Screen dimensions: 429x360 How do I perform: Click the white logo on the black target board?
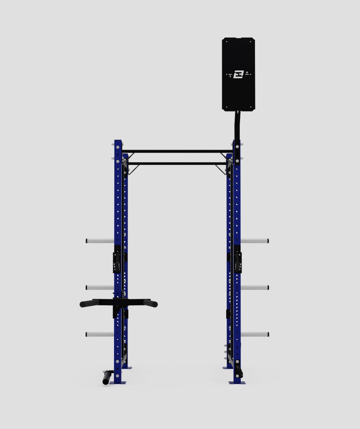click(x=238, y=74)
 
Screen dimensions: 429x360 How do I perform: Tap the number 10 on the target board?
click(x=247, y=72)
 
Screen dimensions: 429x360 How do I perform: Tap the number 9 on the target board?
click(x=230, y=76)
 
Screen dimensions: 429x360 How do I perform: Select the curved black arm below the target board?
click(x=237, y=125)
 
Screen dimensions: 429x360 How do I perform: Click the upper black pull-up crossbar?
click(x=177, y=151)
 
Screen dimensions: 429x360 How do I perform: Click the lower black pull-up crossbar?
click(x=177, y=164)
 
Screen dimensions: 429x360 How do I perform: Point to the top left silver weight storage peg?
click(x=100, y=241)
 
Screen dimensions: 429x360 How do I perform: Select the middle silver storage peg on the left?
click(x=100, y=287)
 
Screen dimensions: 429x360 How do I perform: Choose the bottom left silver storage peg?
click(x=100, y=334)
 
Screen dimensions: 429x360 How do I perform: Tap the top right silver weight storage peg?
click(x=255, y=241)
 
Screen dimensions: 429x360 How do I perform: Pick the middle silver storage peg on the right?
click(x=255, y=287)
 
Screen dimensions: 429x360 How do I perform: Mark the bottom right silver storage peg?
click(x=255, y=334)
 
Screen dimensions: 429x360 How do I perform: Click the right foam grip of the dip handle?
click(x=150, y=303)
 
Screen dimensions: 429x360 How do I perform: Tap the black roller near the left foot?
click(x=106, y=378)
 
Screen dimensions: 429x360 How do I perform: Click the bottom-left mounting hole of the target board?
click(x=227, y=107)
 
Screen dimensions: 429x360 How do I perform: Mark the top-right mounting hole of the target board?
click(x=250, y=42)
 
